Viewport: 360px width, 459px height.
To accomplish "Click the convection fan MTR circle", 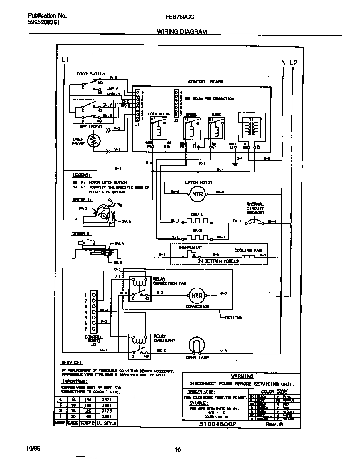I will point(196,296).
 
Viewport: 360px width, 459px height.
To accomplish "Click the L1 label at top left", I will point(64,60).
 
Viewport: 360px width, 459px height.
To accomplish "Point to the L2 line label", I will point(293,63).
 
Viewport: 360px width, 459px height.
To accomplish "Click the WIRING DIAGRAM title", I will point(182,32).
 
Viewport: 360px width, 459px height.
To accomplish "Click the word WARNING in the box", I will point(242,376).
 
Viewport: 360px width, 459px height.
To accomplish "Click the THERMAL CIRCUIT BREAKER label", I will point(255,208).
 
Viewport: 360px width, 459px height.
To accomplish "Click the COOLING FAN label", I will point(245,251).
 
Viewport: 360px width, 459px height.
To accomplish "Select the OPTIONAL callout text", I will point(234,318).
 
